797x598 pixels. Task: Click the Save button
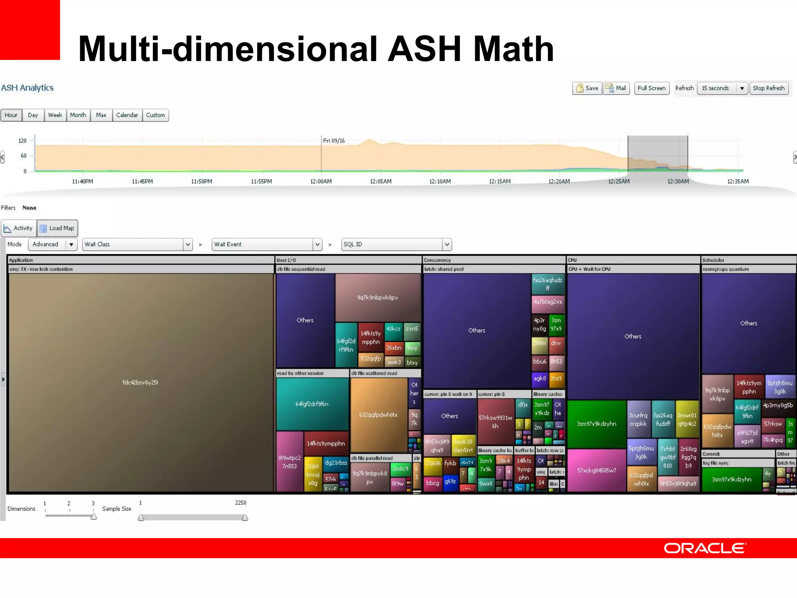click(587, 88)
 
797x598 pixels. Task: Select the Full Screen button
click(651, 88)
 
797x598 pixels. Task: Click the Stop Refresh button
click(769, 88)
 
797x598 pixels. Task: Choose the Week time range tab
click(55, 115)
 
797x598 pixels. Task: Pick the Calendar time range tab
click(127, 115)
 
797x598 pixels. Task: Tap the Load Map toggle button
click(58, 228)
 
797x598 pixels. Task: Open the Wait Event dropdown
click(267, 244)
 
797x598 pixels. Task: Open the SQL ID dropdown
click(396, 244)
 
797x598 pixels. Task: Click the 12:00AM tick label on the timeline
click(321, 181)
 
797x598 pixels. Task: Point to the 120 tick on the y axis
click(23, 141)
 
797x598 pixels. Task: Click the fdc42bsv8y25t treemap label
click(140, 382)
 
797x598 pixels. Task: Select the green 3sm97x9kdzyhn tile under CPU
click(596, 424)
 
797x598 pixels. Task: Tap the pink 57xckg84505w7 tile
click(597, 470)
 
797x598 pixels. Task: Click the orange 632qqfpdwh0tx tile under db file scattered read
click(378, 415)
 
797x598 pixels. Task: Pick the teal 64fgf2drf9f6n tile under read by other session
click(312, 404)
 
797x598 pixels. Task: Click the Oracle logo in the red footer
click(704, 548)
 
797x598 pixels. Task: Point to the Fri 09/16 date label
click(334, 141)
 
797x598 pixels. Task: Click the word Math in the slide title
click(513, 49)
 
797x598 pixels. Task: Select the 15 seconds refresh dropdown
click(722, 88)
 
